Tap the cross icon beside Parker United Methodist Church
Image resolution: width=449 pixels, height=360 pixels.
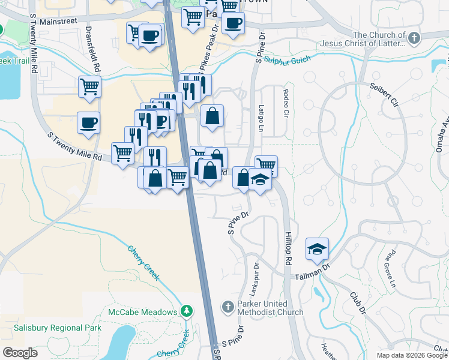(227, 307)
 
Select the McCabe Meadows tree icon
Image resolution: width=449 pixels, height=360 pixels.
(187, 311)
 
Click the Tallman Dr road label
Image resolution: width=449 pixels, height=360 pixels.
(313, 274)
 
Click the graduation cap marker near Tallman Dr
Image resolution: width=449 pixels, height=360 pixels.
(317, 249)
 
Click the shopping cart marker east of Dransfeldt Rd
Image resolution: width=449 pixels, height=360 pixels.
(89, 86)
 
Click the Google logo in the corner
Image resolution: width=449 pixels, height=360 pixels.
(20, 353)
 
